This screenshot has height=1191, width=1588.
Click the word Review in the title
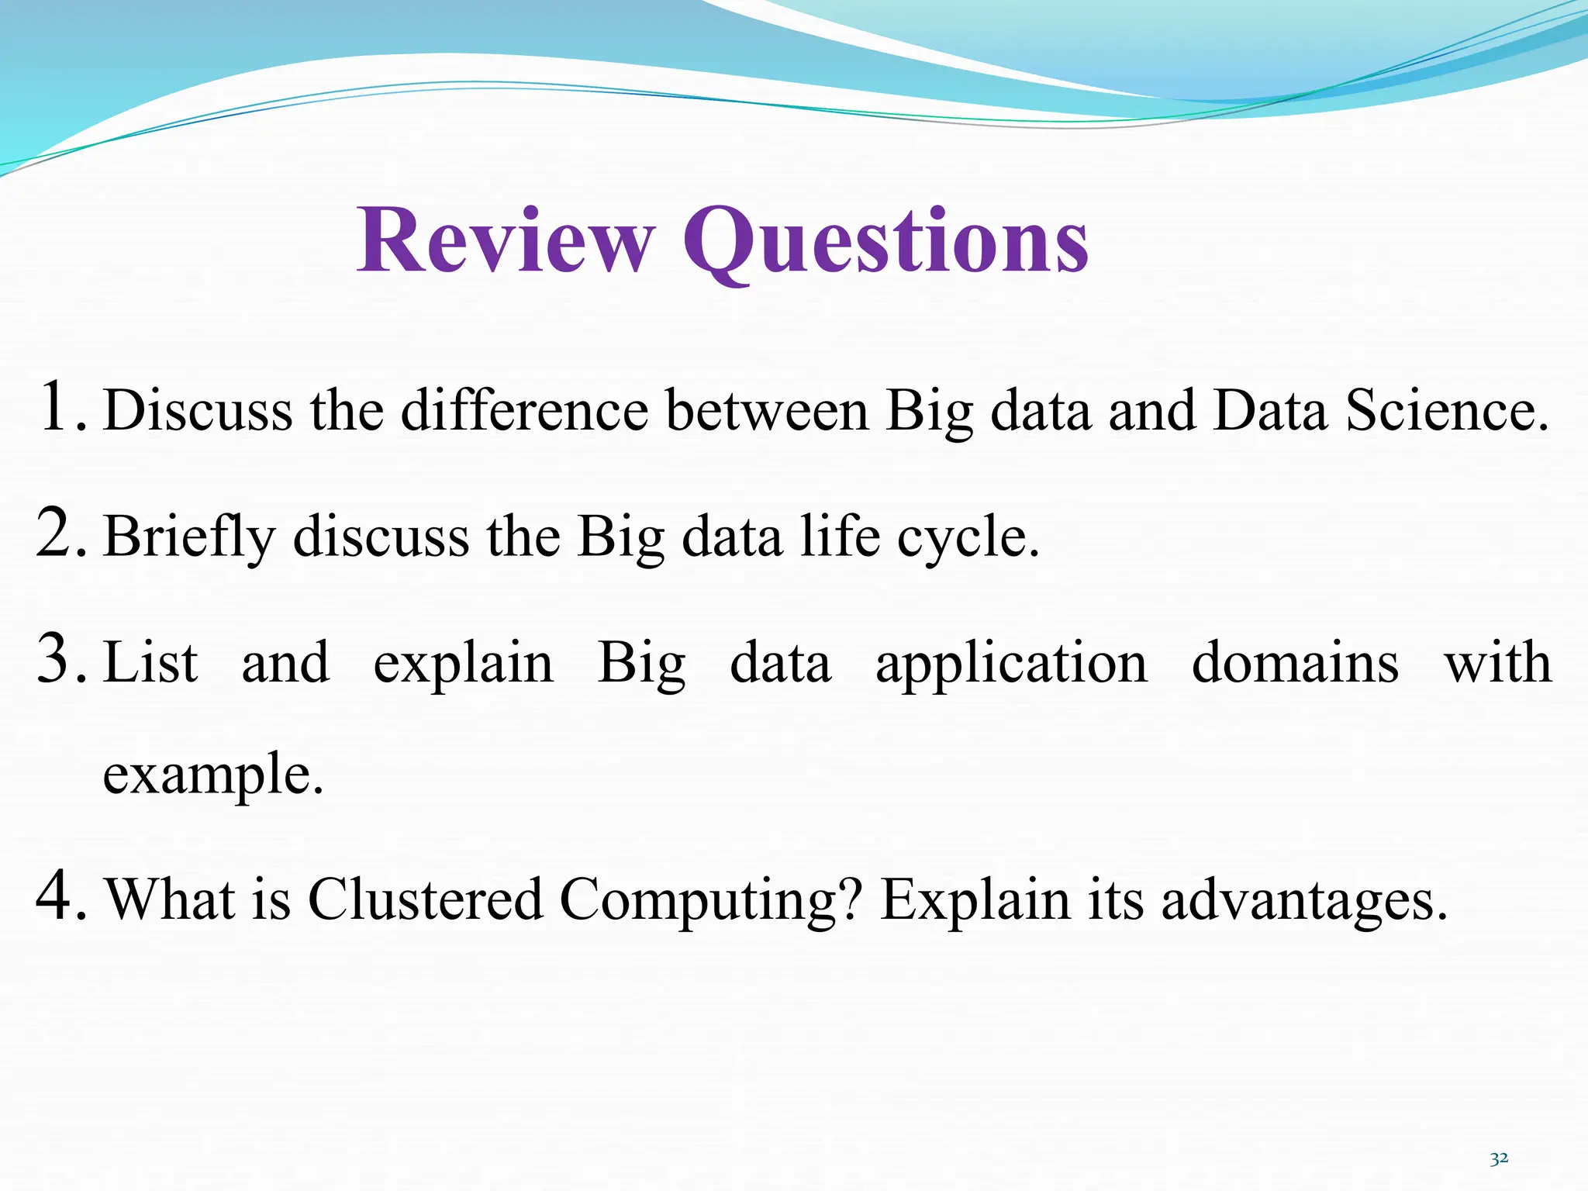point(506,241)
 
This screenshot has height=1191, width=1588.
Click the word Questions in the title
point(885,241)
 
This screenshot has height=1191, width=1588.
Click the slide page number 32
point(1499,1158)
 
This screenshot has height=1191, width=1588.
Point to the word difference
point(524,410)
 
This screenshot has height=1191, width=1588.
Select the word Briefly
point(189,537)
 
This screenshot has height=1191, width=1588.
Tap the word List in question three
point(150,663)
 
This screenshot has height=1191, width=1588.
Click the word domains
point(1295,663)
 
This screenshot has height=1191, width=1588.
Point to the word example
point(212,775)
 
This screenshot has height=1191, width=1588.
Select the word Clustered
point(425,899)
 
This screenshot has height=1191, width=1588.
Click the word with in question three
point(1498,663)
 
